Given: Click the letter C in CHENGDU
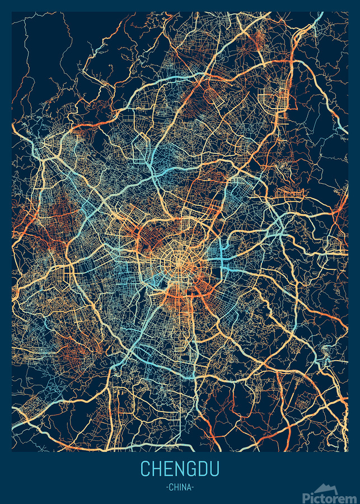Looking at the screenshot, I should click(146, 468).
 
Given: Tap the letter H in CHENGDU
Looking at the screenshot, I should click(158, 468).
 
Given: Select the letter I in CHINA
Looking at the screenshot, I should click(181, 487).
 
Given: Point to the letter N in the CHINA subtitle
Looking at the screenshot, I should click(185, 487).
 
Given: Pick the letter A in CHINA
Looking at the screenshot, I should click(190, 487).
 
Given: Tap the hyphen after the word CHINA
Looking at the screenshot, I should click(194, 487).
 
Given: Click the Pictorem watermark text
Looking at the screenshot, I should click(330, 497).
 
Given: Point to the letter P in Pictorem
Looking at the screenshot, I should click(306, 497).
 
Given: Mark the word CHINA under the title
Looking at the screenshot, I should click(181, 487).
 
